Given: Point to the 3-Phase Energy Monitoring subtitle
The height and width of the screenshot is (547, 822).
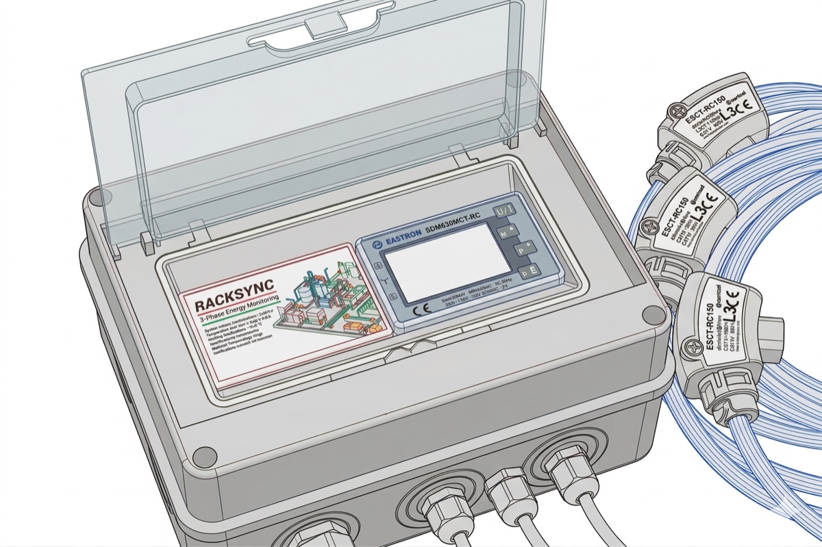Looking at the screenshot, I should [x=236, y=318].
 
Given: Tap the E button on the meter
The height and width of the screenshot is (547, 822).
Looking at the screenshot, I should [x=530, y=272].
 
